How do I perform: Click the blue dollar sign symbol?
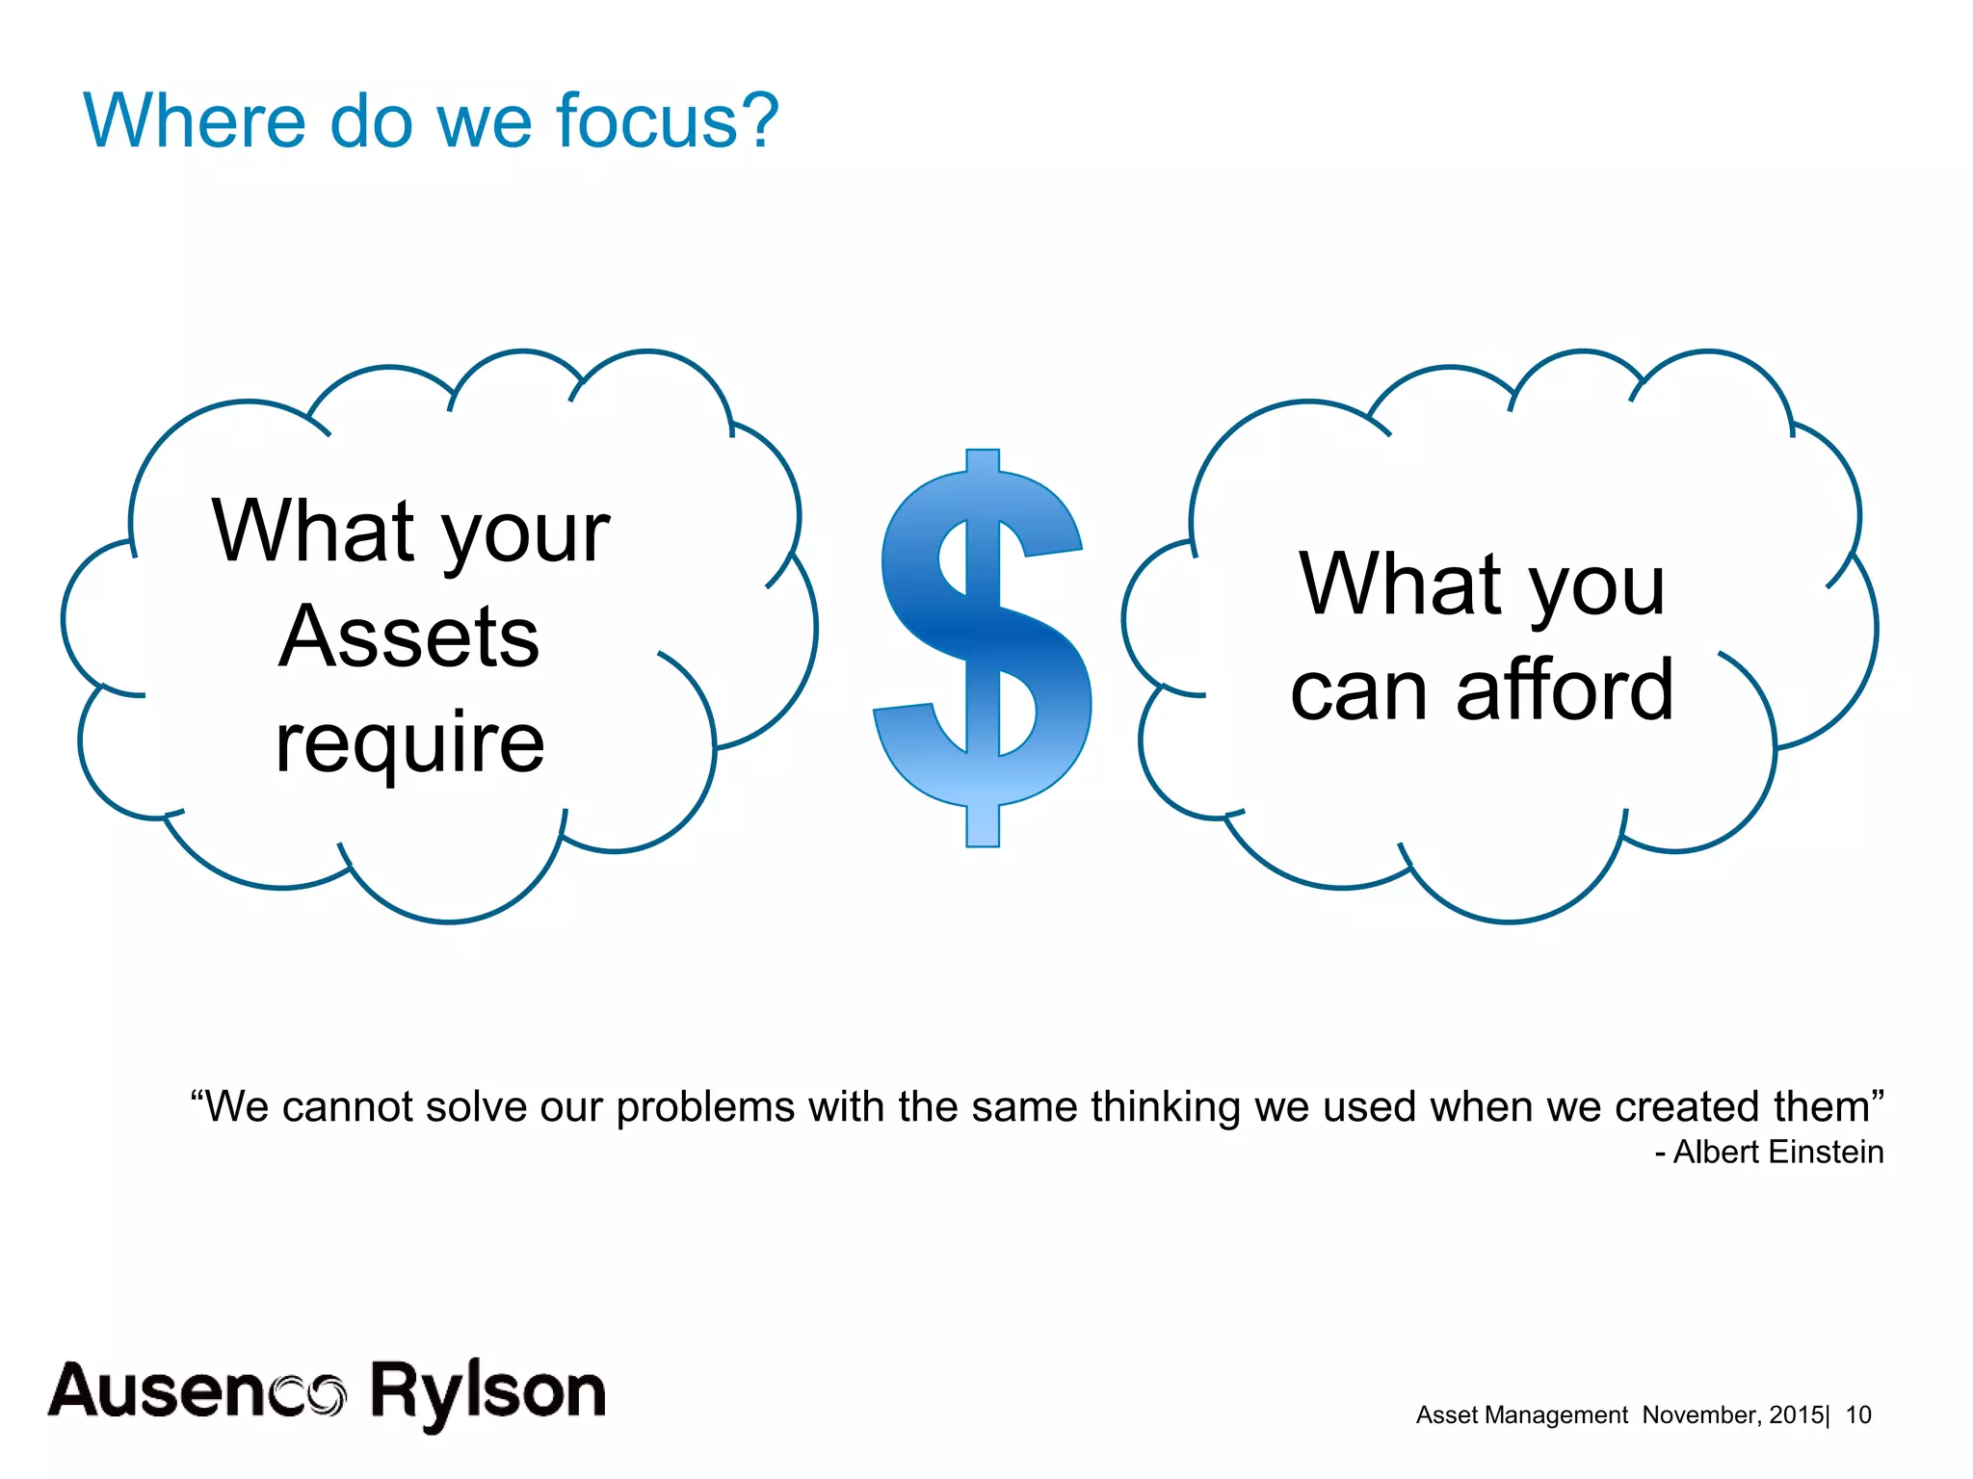(x=983, y=647)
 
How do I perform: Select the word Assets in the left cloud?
(x=409, y=637)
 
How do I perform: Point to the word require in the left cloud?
(x=409, y=743)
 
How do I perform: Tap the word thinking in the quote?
(x=1165, y=1108)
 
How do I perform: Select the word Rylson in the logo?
(x=487, y=1392)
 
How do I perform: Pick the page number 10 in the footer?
(x=1857, y=1414)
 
